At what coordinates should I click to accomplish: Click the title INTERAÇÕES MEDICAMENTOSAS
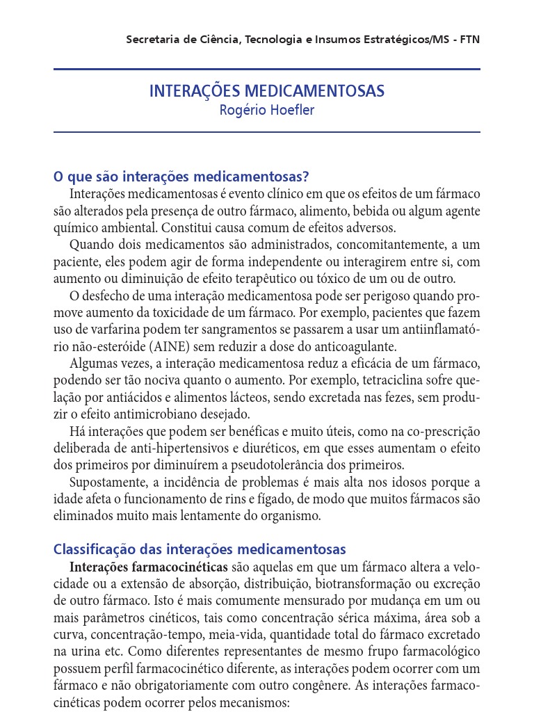pos(266,92)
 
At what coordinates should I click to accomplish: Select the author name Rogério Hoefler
pos(266,111)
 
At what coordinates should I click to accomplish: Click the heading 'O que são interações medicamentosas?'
pos(181,177)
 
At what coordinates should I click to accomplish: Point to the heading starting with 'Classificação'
pos(200,549)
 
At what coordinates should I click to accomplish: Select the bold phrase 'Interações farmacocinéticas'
pos(149,567)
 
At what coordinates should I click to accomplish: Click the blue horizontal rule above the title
pos(266,70)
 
